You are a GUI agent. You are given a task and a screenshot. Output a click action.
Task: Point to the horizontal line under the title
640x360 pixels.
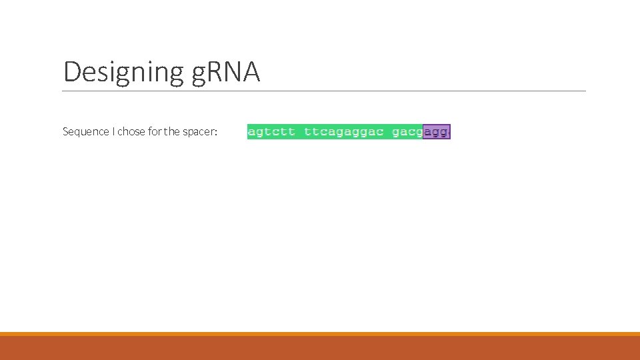pos(324,91)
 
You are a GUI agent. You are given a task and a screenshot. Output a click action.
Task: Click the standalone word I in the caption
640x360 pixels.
pos(113,131)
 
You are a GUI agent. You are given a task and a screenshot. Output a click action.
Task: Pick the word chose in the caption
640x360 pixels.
pos(131,131)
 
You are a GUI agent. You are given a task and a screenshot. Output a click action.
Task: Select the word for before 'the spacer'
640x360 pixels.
pos(155,131)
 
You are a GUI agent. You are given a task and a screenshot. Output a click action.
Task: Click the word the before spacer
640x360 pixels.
pos(172,131)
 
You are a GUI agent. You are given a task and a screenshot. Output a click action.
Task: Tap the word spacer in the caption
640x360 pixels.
pos(199,132)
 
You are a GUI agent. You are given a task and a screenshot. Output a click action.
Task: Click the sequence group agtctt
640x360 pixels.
pos(271,132)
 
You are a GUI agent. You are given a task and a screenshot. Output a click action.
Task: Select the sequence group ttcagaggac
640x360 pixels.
pos(343,132)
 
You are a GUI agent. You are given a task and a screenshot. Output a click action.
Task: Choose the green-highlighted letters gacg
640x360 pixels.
pos(407,132)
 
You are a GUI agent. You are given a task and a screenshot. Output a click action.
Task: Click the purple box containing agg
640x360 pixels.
pos(437,132)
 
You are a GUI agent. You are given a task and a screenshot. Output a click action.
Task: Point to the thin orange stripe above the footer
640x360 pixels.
pos(320,334)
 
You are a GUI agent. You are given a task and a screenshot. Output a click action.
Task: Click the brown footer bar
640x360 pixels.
pos(320,348)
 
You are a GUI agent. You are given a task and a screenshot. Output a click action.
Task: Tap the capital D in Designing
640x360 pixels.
pos(71,72)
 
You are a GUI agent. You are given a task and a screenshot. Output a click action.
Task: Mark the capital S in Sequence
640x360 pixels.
pos(65,131)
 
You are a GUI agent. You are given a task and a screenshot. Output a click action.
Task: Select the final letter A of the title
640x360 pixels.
pos(251,72)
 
